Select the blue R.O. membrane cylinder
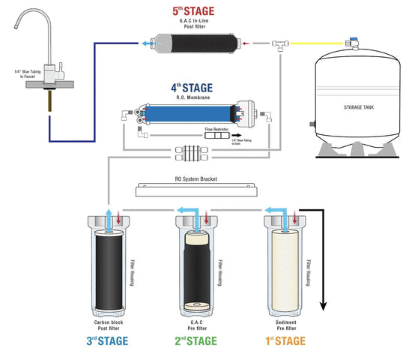click(x=188, y=114)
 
